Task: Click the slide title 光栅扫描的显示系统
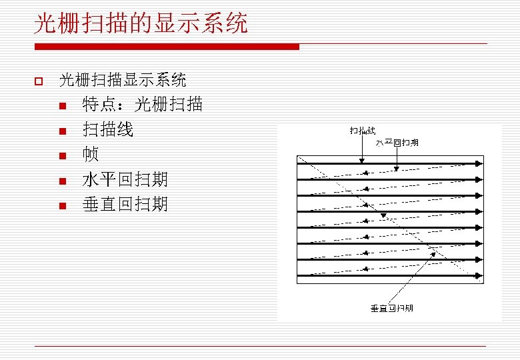pyautogui.click(x=141, y=24)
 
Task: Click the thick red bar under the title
pyautogui.click(x=167, y=47)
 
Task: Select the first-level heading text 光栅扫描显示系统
pyautogui.click(x=123, y=81)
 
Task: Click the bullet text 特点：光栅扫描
pyautogui.click(x=142, y=105)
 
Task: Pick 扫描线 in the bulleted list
pyautogui.click(x=107, y=129)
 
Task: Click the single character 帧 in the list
pyautogui.click(x=91, y=155)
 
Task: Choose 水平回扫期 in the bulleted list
pyautogui.click(x=125, y=179)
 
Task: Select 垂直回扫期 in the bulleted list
pyautogui.click(x=125, y=204)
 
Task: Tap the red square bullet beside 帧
pyautogui.click(x=62, y=156)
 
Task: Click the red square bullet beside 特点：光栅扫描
pyautogui.click(x=62, y=106)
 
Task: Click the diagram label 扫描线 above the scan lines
pyautogui.click(x=362, y=131)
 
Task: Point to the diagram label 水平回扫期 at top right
pyautogui.click(x=397, y=143)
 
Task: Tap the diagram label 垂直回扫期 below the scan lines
pyautogui.click(x=391, y=308)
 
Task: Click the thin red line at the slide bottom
pyautogui.click(x=260, y=347)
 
